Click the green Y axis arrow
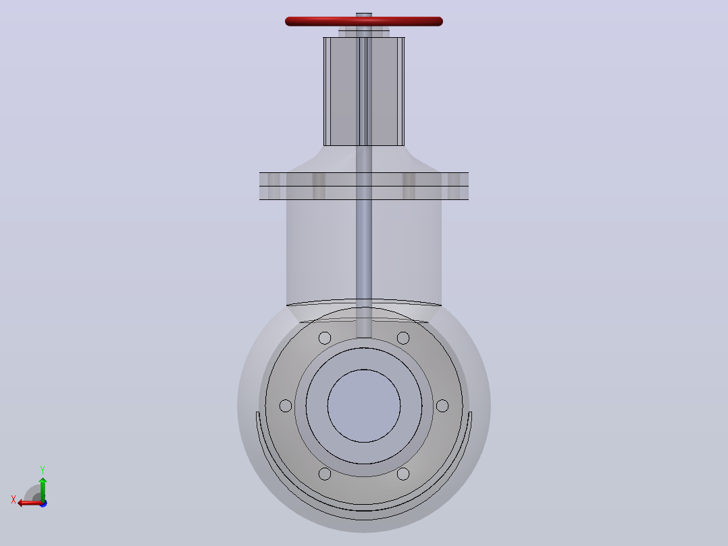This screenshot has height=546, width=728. (x=43, y=489)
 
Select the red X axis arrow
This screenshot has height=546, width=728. (x=30, y=503)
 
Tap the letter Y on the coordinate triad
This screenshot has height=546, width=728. (x=43, y=470)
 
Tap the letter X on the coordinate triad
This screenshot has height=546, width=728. (x=14, y=499)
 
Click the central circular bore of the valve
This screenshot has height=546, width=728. (x=364, y=405)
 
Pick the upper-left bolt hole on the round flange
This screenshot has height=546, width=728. (x=325, y=338)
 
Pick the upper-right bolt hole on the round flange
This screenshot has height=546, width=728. (x=403, y=338)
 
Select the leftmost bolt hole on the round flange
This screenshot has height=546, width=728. (x=286, y=405)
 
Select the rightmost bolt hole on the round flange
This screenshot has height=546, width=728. (x=442, y=405)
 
